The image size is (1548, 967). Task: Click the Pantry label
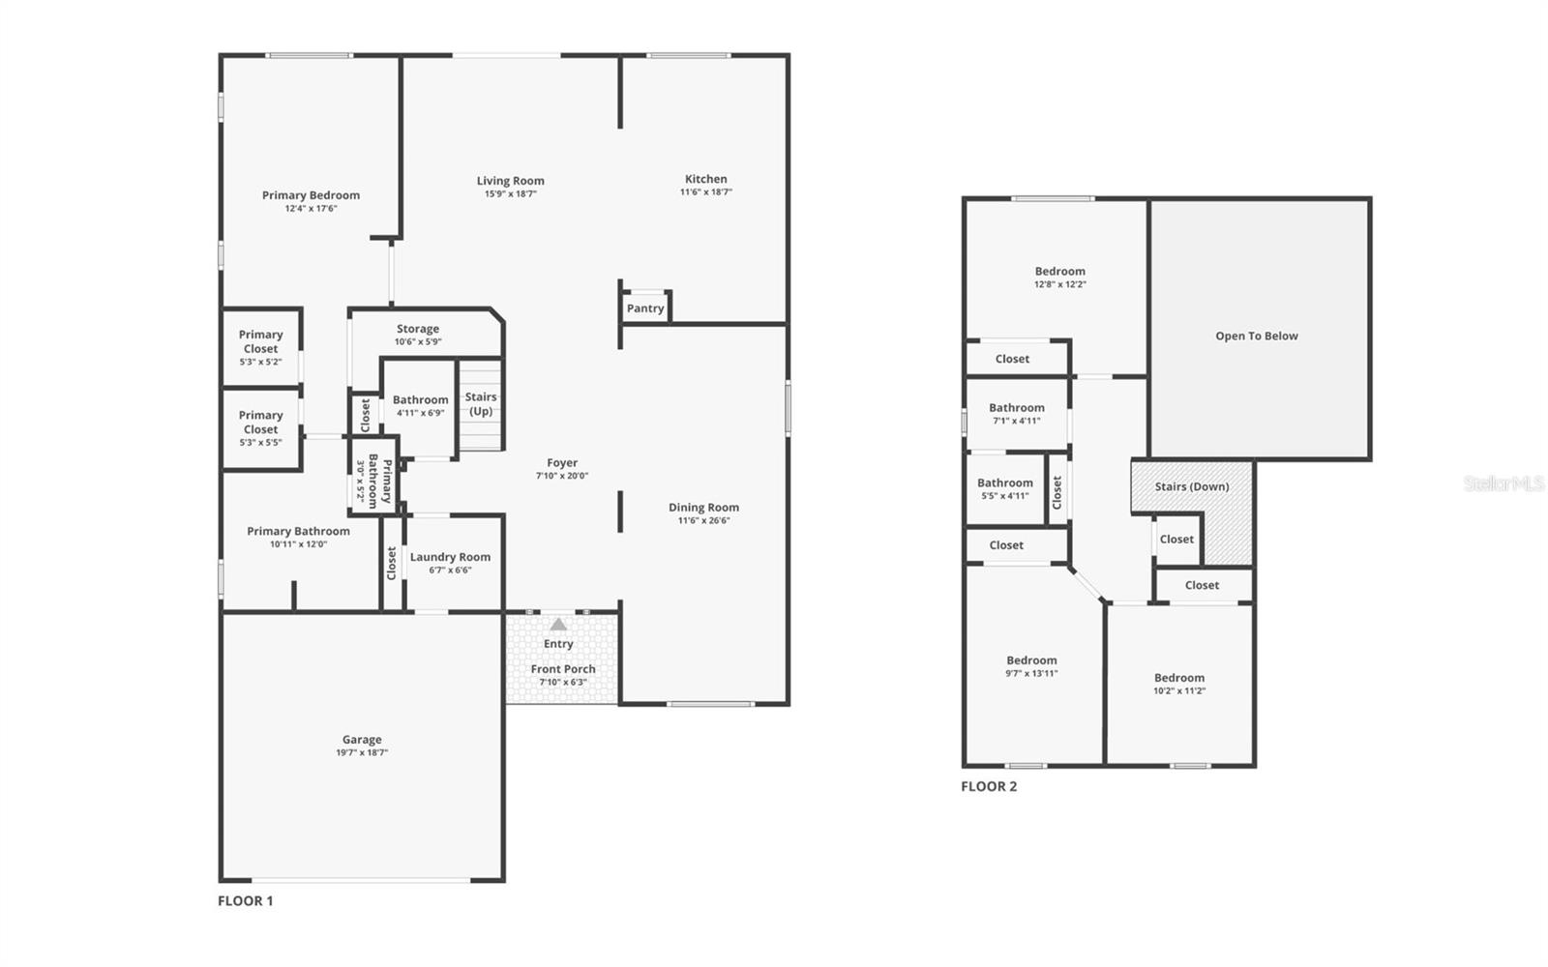[645, 308]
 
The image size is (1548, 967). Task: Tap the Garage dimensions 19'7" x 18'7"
[362, 752]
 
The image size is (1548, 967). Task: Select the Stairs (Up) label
[481, 403]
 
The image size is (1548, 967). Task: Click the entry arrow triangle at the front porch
[558, 625]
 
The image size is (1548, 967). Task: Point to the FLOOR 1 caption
[246, 901]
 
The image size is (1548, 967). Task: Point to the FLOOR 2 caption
[989, 786]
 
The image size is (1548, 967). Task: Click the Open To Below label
[1257, 336]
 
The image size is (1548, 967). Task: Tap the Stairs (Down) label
[1192, 486]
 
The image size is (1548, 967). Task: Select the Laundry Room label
[450, 557]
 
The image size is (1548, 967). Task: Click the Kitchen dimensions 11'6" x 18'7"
[706, 192]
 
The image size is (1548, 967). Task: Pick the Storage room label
[418, 329]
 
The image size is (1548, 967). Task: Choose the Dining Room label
[703, 508]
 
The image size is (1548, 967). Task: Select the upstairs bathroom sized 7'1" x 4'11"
[1017, 414]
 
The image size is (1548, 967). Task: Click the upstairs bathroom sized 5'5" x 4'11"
[1005, 488]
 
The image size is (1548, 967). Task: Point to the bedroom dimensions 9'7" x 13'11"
[1031, 674]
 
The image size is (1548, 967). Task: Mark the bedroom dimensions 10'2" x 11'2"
[1179, 691]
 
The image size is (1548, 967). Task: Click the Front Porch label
[563, 669]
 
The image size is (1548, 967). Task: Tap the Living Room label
[510, 181]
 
